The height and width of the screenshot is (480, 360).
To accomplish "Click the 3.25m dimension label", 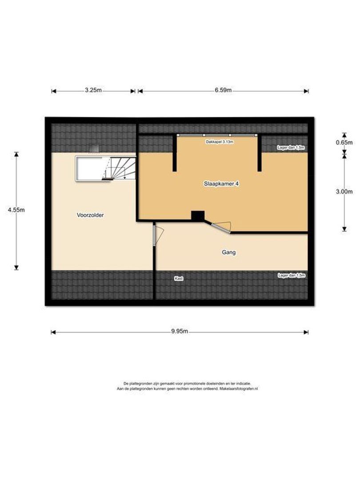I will [x=93, y=90].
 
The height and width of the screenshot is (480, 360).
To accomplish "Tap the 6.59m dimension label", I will [x=223, y=90].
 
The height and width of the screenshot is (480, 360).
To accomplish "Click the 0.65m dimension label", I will [x=345, y=143].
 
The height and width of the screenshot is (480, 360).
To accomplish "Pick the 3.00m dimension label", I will [x=345, y=192].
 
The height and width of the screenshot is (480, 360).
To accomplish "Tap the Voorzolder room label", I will [x=90, y=215].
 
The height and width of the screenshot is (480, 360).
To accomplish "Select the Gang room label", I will [x=228, y=252].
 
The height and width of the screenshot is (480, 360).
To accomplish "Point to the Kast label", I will [x=179, y=278].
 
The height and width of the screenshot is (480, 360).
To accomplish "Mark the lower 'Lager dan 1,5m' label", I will [x=291, y=276].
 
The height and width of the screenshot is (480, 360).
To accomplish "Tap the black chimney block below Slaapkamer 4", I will [x=197, y=216].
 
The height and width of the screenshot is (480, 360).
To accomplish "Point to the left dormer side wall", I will [x=175, y=153].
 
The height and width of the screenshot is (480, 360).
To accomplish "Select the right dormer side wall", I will [x=258, y=153].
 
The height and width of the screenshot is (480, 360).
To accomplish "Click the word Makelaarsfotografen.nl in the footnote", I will [x=239, y=388].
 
